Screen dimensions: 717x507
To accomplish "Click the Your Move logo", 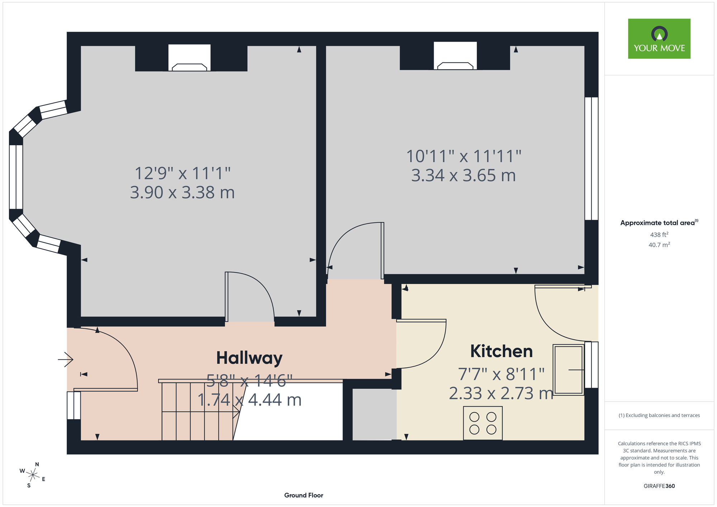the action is tap(659, 39).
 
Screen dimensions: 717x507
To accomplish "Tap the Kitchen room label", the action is tap(501, 351).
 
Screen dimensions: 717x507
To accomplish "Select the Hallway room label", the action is tap(249, 358).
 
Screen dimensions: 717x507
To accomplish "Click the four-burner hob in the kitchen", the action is tap(483, 423).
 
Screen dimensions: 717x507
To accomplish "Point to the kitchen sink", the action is tap(569, 370).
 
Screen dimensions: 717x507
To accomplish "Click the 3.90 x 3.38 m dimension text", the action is tap(182, 193).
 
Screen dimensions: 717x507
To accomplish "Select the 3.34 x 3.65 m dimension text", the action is tap(463, 175).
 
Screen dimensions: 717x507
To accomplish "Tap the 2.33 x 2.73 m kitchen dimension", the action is tap(501, 393).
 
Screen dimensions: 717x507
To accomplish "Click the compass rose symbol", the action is tap(33, 475).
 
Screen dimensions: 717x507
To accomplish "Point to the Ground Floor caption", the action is tap(304, 495).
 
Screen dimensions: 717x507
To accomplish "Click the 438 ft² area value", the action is tap(659, 234).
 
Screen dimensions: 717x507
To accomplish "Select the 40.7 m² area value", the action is tap(659, 245).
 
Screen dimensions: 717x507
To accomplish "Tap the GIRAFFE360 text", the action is tap(659, 486).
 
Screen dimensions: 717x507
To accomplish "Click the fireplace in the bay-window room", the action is tap(189, 58).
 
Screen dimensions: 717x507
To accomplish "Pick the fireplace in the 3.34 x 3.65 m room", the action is tap(455, 56).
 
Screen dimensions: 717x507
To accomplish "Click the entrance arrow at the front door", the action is tap(66, 359).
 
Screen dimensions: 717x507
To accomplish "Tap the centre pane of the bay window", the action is tap(16, 177).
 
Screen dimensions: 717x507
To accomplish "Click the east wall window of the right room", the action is tap(592, 158).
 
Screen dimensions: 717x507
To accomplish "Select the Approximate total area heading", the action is tap(659, 223).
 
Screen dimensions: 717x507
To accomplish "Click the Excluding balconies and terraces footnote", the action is tap(659, 415).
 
